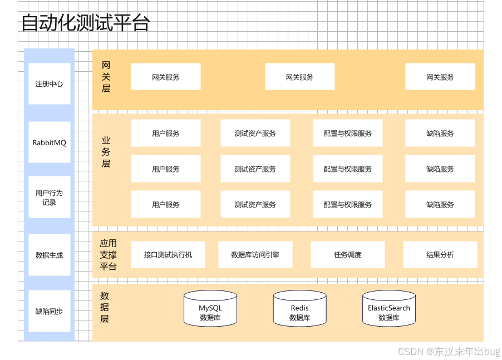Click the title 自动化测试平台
[85, 23]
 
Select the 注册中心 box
[49, 84]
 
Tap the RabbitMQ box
[49, 142]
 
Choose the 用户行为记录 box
[49, 198]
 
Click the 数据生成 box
[49, 255]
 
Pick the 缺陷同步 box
[49, 311]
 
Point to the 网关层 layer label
[106, 77]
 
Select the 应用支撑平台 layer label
[108, 255]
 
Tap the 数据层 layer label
[105, 307]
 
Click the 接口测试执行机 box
[168, 254]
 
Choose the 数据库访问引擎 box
[255, 254]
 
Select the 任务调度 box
[347, 254]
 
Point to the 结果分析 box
[440, 254]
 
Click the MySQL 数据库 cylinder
[210, 309]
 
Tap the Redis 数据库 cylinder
[299, 309]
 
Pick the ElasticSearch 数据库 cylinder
[388, 309]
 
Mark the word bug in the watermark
[491, 351]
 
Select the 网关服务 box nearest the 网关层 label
[165, 77]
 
